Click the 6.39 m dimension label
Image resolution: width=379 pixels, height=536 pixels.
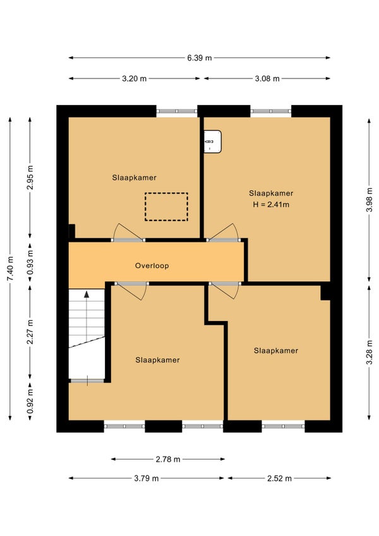point(199,58)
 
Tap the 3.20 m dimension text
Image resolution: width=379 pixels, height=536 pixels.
point(135,78)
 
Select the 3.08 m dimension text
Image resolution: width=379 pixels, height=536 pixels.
point(267,78)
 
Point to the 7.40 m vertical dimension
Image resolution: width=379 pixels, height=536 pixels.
point(10,269)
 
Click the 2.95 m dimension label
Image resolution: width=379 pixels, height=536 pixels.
point(30,178)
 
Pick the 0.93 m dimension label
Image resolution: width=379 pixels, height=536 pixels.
point(30,263)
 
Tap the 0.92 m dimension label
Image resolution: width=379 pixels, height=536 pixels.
point(30,401)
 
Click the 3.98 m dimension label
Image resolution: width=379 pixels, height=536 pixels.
point(370,200)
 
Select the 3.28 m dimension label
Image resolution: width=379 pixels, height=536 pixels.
point(370,353)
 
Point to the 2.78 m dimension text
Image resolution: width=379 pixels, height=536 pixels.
point(168,459)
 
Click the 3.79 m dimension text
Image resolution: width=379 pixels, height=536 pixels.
point(147,478)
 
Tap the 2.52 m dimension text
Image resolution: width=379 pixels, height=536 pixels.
point(280,478)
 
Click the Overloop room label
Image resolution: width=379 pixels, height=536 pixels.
point(152,265)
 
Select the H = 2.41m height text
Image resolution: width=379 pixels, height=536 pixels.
point(271,205)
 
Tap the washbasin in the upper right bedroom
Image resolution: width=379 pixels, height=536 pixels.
point(213,142)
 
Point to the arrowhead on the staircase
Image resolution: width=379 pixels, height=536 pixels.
point(87,294)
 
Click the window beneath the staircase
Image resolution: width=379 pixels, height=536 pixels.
point(87,381)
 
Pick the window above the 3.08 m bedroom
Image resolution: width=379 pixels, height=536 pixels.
point(270,111)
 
